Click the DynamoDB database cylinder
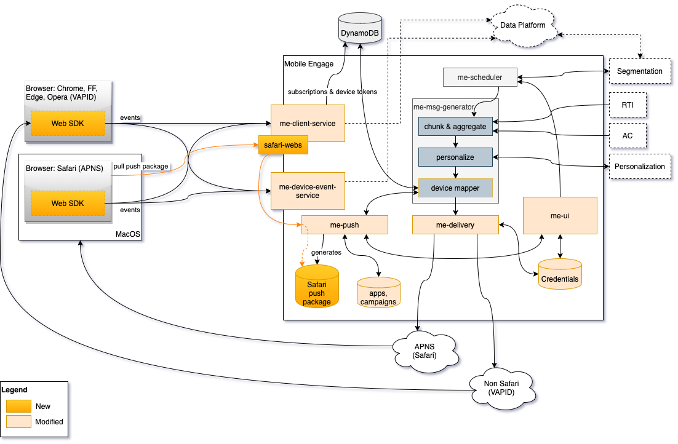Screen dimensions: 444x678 [359, 30]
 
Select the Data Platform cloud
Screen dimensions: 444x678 [522, 26]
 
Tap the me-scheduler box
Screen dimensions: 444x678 [480, 77]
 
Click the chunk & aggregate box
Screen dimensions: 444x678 [455, 127]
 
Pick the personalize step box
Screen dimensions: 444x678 [455, 157]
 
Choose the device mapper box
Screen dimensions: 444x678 [455, 188]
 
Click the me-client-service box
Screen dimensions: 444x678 [308, 124]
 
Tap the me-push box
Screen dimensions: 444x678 [345, 225]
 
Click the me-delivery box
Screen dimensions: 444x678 [455, 225]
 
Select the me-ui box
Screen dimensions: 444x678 [560, 215]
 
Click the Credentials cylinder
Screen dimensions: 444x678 [560, 274]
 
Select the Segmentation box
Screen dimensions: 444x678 [639, 71]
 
